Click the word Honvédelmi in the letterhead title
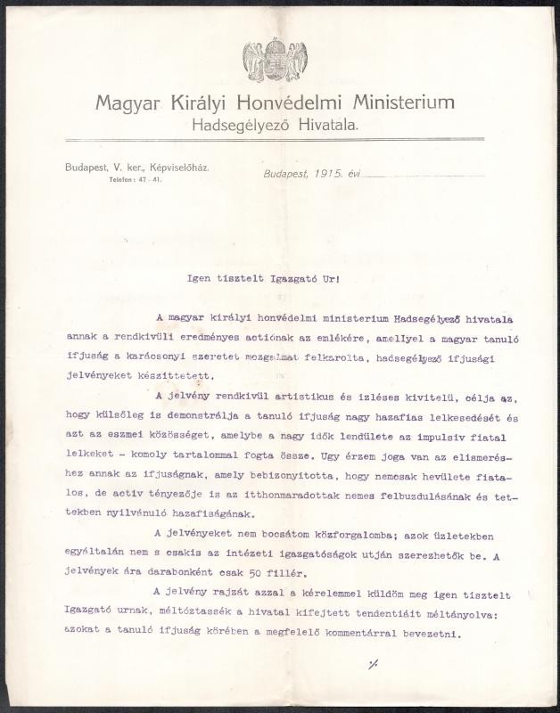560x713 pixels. point(273,103)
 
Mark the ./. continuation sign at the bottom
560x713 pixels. point(371,663)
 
